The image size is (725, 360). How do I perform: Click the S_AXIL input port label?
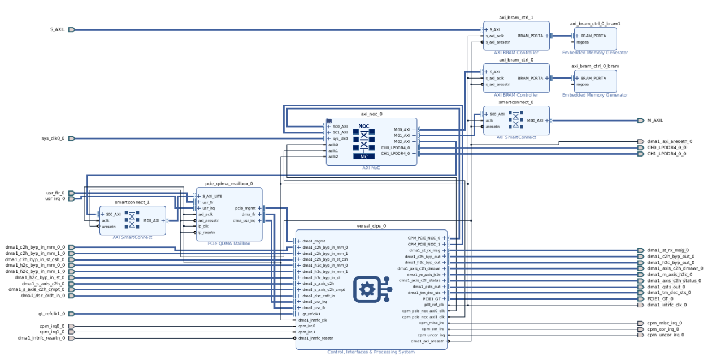coord(58,29)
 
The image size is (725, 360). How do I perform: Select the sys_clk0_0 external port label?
coord(53,138)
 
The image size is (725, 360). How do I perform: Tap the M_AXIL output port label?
coord(655,120)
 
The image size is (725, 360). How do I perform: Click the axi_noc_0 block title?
coord(371,114)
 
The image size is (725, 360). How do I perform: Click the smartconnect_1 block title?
coord(132,202)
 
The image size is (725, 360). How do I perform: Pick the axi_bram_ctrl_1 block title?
coord(516,18)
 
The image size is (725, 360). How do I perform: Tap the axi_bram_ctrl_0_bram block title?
coord(595,66)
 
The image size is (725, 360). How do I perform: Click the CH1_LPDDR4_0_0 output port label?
coord(666,154)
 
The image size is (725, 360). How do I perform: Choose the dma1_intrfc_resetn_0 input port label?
coord(41,338)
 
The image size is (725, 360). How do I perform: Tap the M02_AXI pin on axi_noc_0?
coord(402,141)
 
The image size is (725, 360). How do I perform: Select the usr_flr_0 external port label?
coord(55,193)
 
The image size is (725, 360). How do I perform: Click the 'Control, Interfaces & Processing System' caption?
coord(371,352)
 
